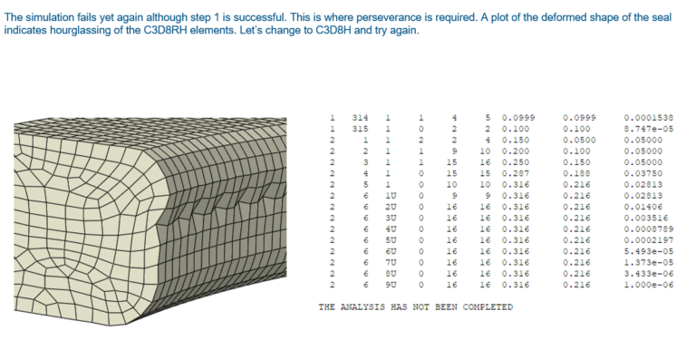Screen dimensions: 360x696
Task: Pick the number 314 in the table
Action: click(x=360, y=118)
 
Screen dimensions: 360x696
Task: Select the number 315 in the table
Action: click(x=360, y=130)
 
